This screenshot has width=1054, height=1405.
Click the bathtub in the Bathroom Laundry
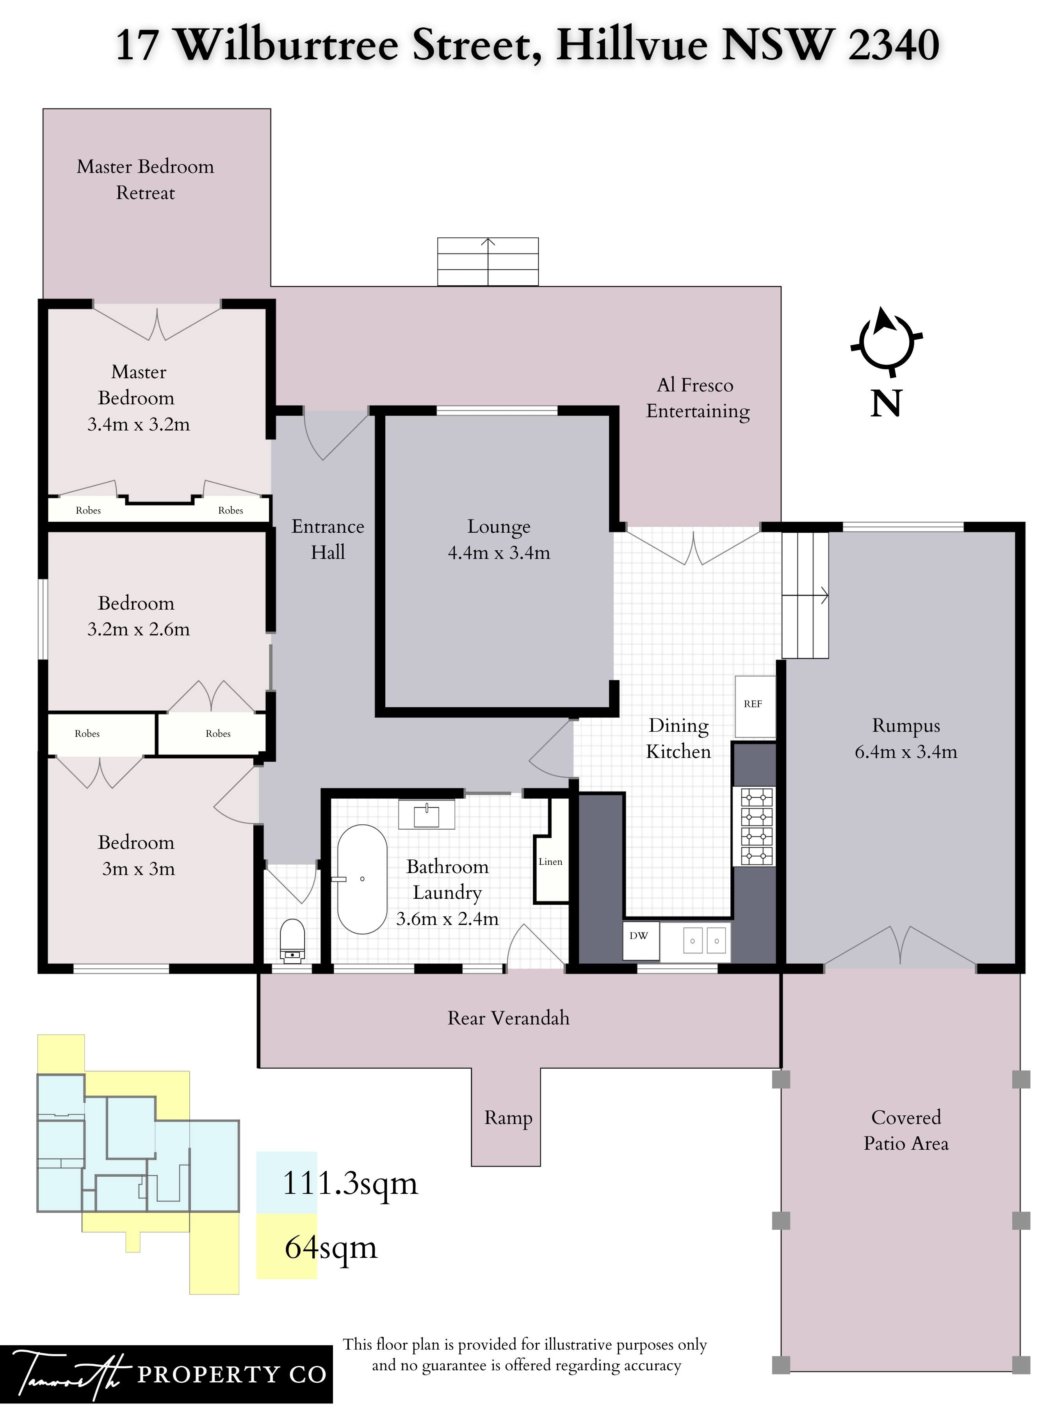point(361,879)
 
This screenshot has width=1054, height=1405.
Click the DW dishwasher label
point(639,935)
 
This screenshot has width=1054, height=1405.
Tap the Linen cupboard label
point(550,862)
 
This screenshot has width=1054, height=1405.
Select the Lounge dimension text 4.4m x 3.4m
point(499,553)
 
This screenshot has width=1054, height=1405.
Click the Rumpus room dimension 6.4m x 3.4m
point(905,752)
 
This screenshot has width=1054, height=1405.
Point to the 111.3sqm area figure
point(350,1183)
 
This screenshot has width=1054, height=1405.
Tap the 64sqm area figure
point(331,1247)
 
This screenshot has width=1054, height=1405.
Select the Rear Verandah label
point(508,1018)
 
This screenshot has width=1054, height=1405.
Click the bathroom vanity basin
point(426,814)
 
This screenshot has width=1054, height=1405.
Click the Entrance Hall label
point(328,539)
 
